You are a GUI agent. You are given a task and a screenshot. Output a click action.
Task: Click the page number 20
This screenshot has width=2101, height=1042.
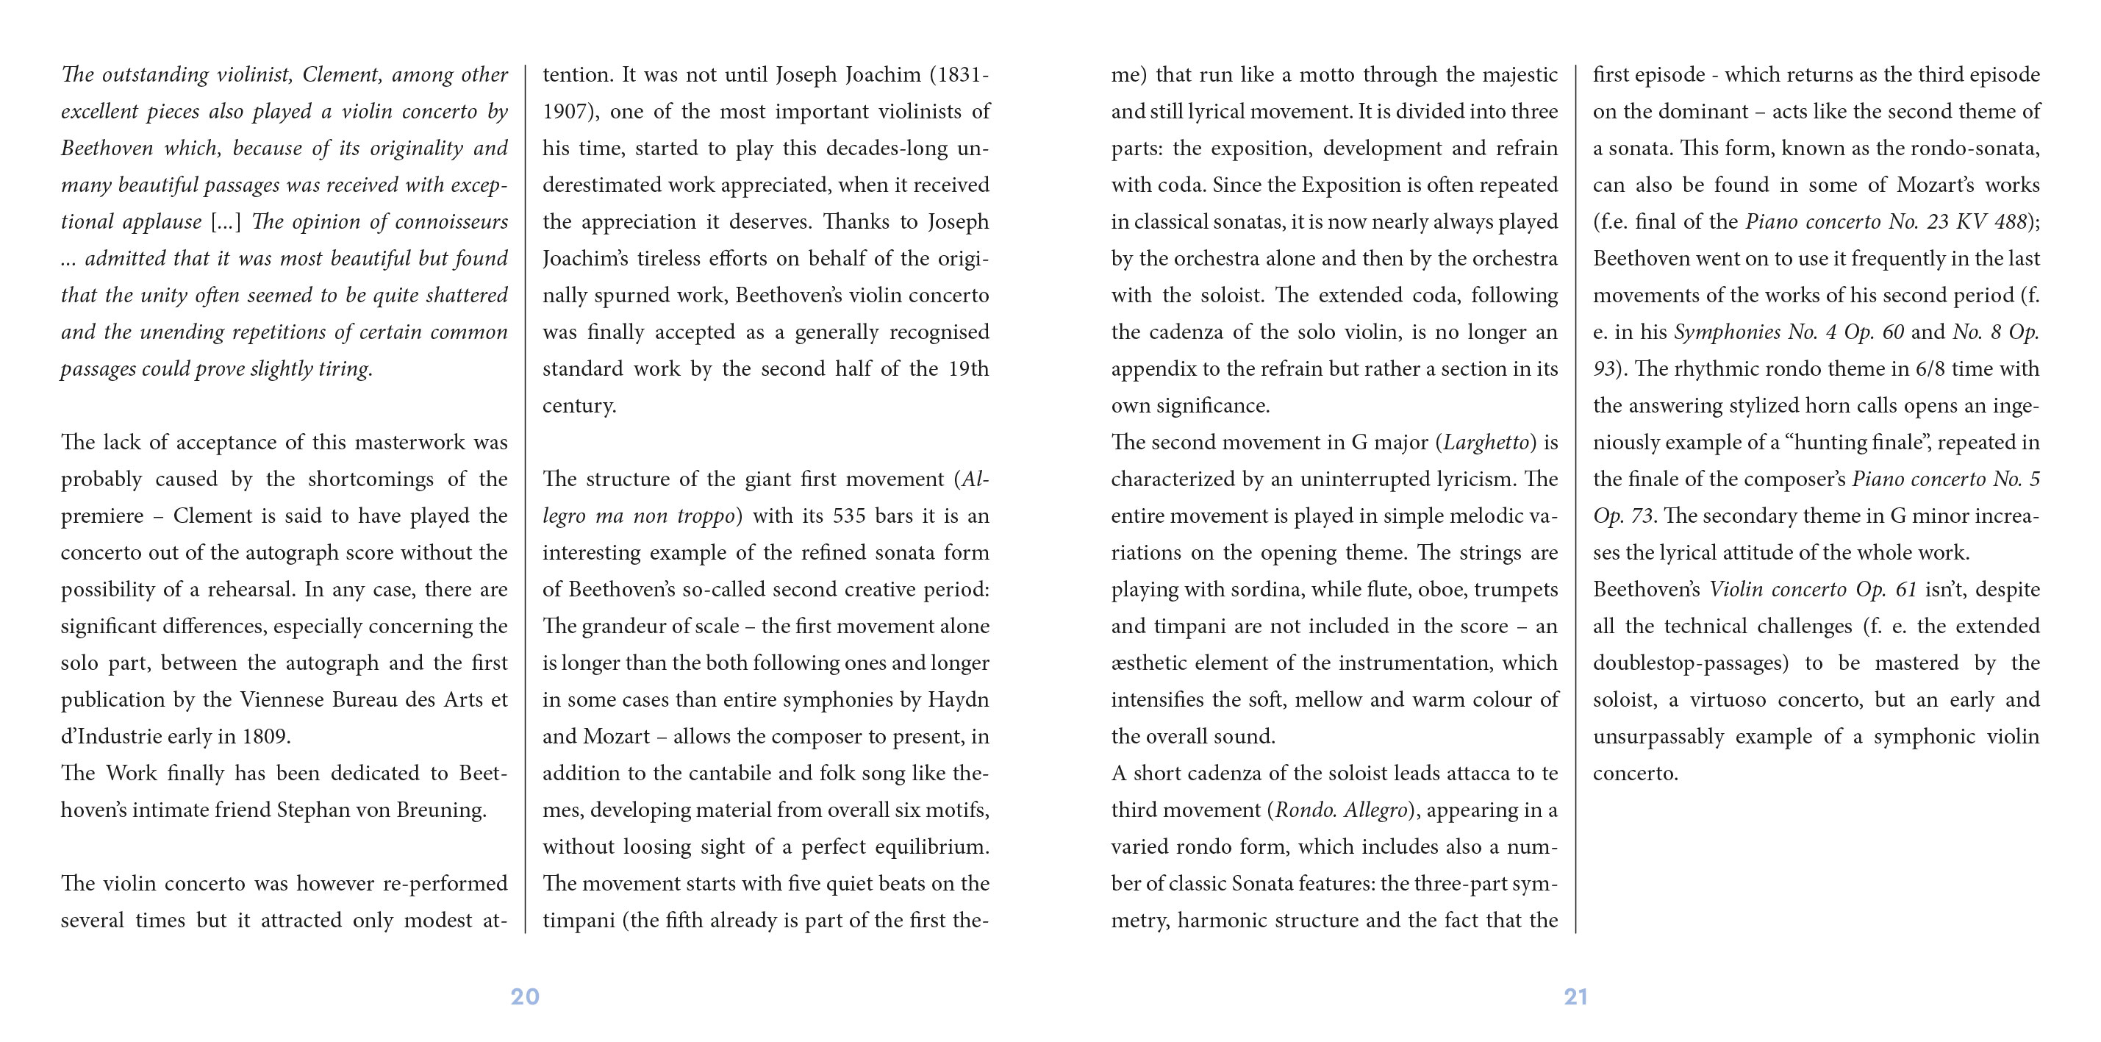coord(524,996)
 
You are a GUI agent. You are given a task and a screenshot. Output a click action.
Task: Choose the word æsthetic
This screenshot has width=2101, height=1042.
coord(1148,663)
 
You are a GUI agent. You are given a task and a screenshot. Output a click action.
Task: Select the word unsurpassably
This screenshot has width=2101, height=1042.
coord(1658,737)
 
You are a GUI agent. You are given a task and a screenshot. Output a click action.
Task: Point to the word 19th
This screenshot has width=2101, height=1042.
coord(968,369)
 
